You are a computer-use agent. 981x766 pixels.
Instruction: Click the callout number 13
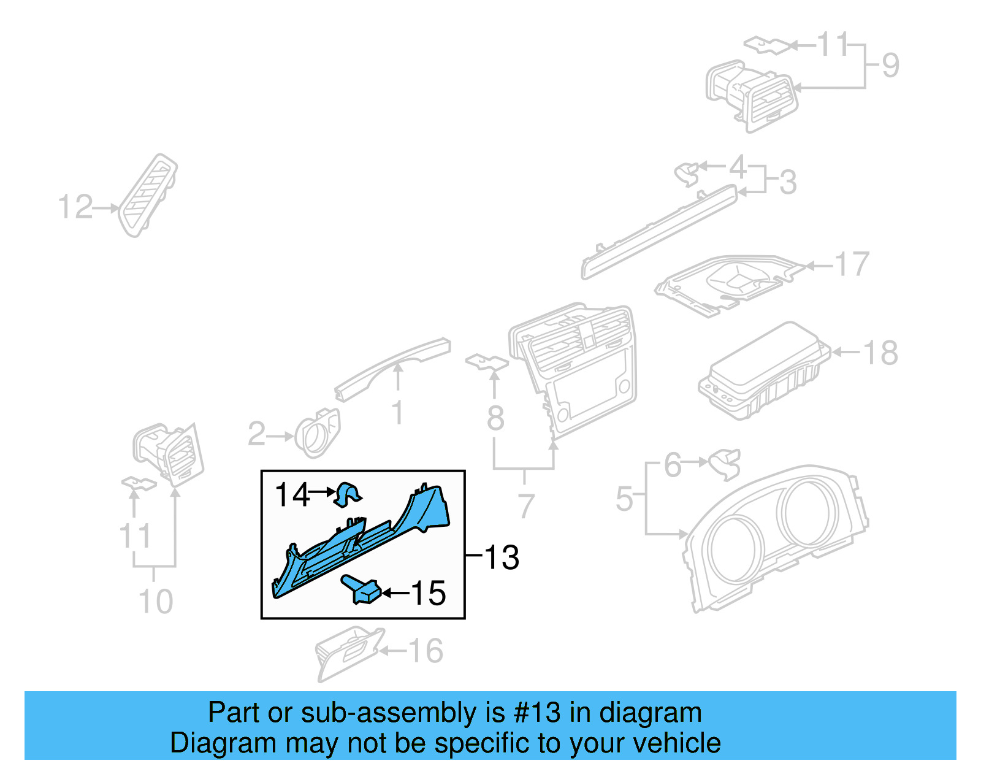pyautogui.click(x=502, y=557)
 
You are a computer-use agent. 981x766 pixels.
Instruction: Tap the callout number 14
pyautogui.click(x=292, y=494)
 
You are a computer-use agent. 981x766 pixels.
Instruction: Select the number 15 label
pyautogui.click(x=428, y=593)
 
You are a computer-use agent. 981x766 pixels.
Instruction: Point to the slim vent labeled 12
pyautogui.click(x=148, y=195)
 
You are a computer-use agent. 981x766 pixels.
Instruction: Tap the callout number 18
pyautogui.click(x=880, y=353)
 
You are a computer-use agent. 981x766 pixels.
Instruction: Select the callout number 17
pyautogui.click(x=852, y=264)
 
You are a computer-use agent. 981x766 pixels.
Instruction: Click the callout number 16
pyautogui.click(x=426, y=651)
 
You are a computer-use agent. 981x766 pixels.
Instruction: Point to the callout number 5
pyautogui.click(x=624, y=498)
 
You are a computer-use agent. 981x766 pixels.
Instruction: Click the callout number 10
pyautogui.click(x=156, y=601)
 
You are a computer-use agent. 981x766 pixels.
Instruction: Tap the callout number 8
pyautogui.click(x=495, y=418)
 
